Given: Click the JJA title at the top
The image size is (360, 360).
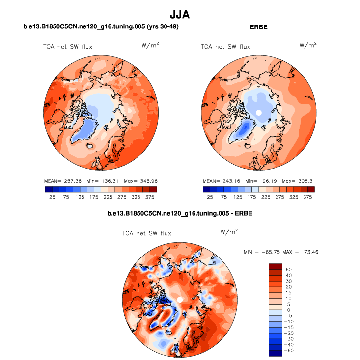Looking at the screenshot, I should [179, 15].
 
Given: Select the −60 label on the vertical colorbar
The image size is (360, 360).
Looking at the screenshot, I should [289, 351].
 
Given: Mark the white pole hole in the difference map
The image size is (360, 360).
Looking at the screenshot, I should [180, 299].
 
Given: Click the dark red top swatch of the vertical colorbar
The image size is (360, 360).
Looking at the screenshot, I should [275, 266].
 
